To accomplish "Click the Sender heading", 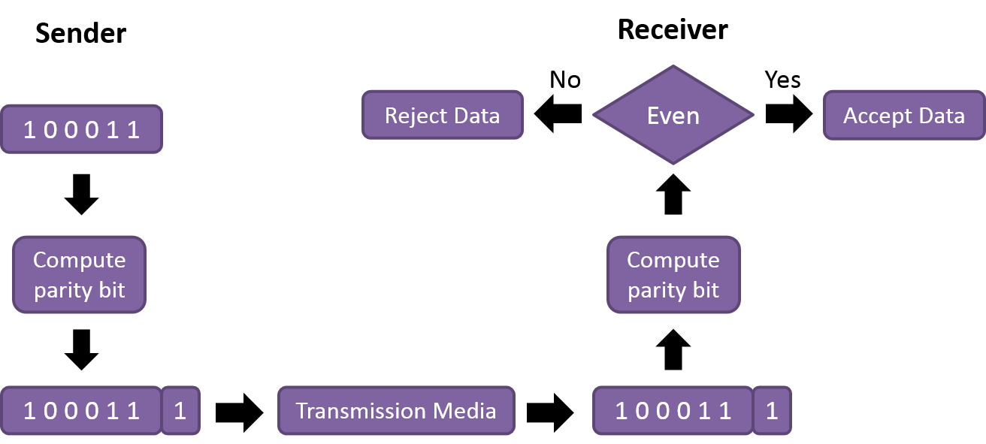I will coord(80,34).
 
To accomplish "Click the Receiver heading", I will coord(673,30).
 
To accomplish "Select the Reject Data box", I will coord(442,115).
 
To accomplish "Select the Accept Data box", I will coord(903,115).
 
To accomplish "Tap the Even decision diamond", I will coord(673,115).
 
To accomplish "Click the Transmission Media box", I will coord(396,411).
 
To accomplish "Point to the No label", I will coord(565,80).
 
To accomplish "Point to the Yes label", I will coord(782,80).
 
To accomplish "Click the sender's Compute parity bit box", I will coord(79,275).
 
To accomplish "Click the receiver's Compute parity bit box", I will coord(673,275).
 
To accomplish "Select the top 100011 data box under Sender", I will coord(81,130).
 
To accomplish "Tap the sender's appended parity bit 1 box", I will coord(181,411).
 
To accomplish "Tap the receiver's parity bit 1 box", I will coord(772,411).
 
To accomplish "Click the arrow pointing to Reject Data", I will coord(558,114).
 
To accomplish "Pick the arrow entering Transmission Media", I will coord(240,412).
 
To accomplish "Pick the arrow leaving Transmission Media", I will coord(551,412).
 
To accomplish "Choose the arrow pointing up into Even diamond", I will coord(673,195).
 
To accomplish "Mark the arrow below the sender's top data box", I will coord(81,195).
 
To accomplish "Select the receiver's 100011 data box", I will coord(673,411).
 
